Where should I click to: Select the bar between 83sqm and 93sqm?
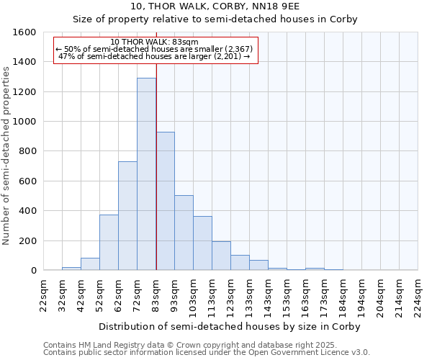pos(165,202)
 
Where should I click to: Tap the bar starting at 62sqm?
pos(127,216)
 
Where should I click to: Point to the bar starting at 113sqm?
pos(221,256)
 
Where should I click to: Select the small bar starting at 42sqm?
pos(90,264)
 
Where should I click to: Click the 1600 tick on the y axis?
pos(24,32)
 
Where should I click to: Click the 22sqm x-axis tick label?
pos(44,295)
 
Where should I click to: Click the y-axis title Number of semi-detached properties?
pos(7,152)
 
